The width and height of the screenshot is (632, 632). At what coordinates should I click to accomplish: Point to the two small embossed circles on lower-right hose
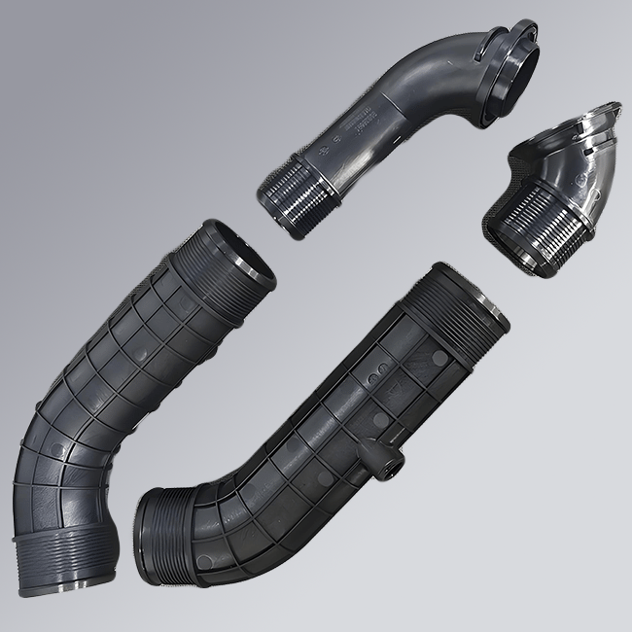372,371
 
